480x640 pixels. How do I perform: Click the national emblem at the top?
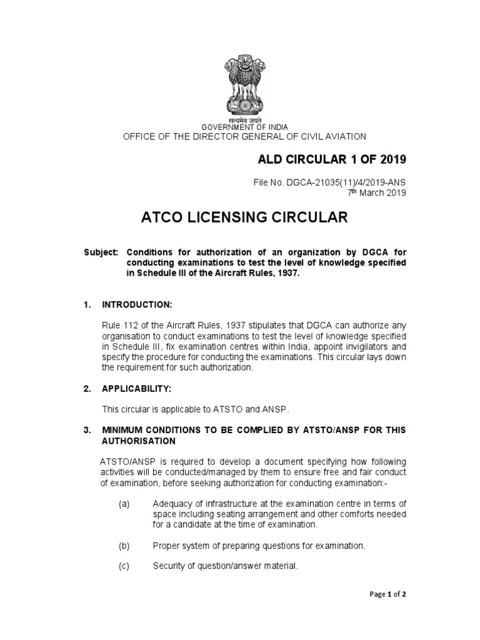pos(245,87)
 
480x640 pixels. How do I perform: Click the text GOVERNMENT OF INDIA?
pos(244,127)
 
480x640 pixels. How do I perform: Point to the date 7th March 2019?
pos(376,192)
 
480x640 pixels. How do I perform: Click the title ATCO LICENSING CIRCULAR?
pos(244,217)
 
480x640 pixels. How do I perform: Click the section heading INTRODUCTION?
pos(137,304)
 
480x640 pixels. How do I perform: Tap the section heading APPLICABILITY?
pos(137,389)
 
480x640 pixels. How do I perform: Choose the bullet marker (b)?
pos(124,546)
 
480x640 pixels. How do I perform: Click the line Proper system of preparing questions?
pos(259,546)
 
